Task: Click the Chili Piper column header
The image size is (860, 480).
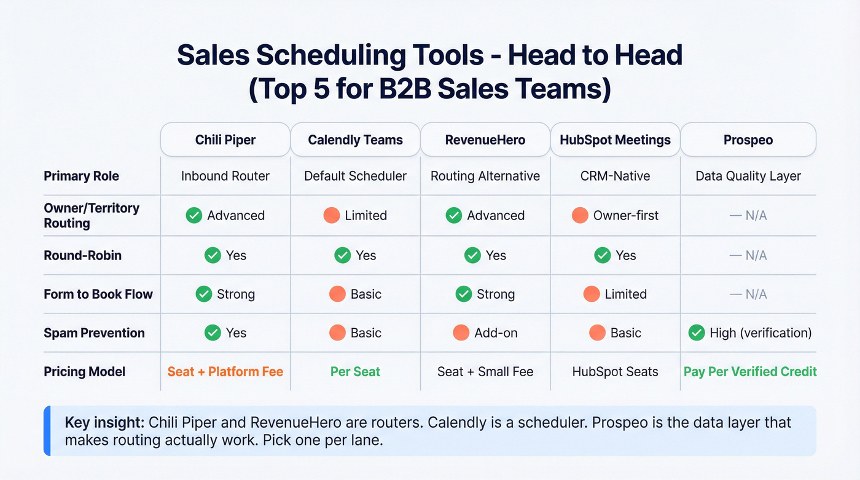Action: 225,140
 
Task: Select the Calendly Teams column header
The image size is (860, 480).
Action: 355,140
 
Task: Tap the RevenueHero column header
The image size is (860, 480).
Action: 485,140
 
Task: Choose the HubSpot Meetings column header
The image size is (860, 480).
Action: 615,140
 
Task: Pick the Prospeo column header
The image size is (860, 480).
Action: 748,140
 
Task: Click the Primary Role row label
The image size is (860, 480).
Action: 81,176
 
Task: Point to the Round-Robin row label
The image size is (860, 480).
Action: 82,255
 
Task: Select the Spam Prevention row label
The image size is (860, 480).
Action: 94,332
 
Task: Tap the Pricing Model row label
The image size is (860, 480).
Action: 84,371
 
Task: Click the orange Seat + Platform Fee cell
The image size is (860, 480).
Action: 225,371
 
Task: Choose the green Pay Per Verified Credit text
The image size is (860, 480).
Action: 750,371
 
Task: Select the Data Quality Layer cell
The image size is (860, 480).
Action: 748,176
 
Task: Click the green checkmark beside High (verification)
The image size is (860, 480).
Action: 697,332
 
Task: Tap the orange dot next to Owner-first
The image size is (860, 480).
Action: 580,215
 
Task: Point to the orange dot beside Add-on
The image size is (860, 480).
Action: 461,332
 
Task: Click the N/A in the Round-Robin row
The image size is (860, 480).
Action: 748,255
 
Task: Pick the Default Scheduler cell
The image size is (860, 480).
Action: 355,176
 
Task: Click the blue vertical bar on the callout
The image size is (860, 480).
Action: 47,430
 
